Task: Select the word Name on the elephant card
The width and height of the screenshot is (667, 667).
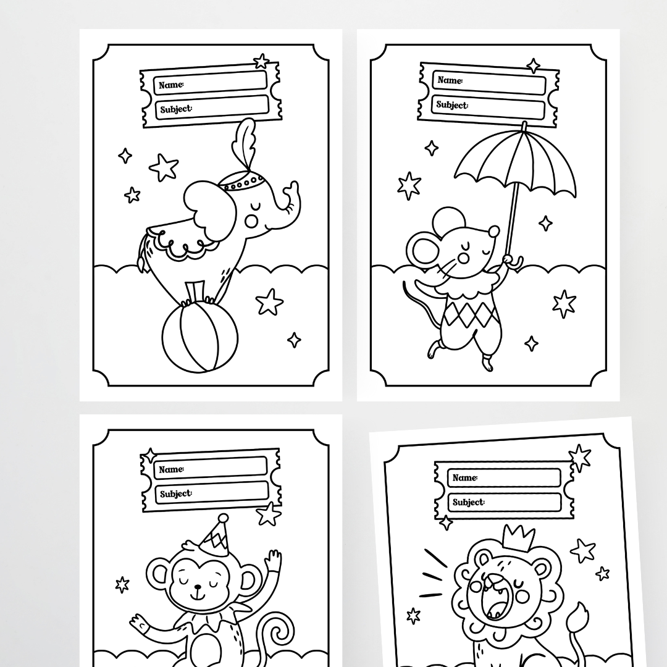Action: click(x=170, y=85)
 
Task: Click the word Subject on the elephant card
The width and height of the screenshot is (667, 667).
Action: click(x=175, y=110)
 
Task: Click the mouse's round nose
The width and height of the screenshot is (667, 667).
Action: click(x=493, y=232)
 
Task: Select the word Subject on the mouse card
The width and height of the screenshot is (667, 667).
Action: click(x=452, y=105)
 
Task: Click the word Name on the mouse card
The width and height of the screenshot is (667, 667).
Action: click(x=449, y=80)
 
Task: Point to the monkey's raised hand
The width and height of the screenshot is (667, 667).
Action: click(x=272, y=563)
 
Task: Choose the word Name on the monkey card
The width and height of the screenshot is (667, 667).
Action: click(x=170, y=470)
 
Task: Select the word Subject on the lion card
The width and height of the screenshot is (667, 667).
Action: click(x=468, y=502)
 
